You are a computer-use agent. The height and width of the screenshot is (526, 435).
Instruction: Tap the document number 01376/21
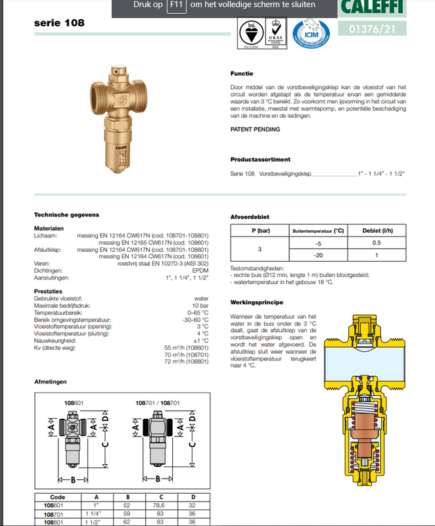[372, 28]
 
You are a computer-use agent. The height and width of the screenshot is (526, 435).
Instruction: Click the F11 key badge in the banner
[175, 5]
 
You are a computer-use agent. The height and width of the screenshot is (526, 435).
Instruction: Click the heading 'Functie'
[242, 74]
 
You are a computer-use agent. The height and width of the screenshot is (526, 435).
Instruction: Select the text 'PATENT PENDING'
[255, 130]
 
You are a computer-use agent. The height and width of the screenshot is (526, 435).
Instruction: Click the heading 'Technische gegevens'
[66, 215]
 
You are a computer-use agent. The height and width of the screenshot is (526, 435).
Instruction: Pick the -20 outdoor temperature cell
[319, 255]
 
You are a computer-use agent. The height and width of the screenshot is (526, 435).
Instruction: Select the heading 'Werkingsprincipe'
[256, 302]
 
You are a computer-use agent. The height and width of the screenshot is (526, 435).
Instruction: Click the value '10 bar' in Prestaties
[199, 306]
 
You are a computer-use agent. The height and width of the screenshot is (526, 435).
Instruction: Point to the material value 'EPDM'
[200, 270]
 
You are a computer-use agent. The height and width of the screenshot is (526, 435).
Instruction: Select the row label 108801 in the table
[58, 521]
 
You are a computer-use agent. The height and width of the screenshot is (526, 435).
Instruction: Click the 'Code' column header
[58, 497]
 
